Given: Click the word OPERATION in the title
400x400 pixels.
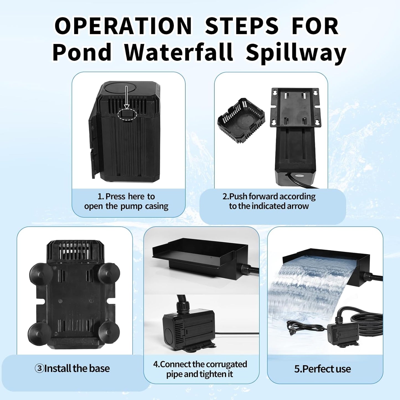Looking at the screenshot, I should pos(123,26).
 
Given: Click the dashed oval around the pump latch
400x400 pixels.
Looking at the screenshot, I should pos(127,114).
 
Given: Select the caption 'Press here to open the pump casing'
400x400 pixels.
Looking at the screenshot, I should pos(126,201).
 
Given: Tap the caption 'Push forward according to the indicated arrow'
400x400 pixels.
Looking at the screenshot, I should pos(269,201).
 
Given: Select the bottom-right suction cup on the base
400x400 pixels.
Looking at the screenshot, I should pos(109,332).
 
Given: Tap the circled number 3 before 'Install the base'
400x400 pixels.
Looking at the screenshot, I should pos(39,368).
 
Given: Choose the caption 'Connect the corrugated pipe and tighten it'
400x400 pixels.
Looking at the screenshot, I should pos(200,369).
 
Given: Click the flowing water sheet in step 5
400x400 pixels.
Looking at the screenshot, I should pos(304,288).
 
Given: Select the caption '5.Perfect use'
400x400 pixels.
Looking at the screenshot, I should pos(322,369).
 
